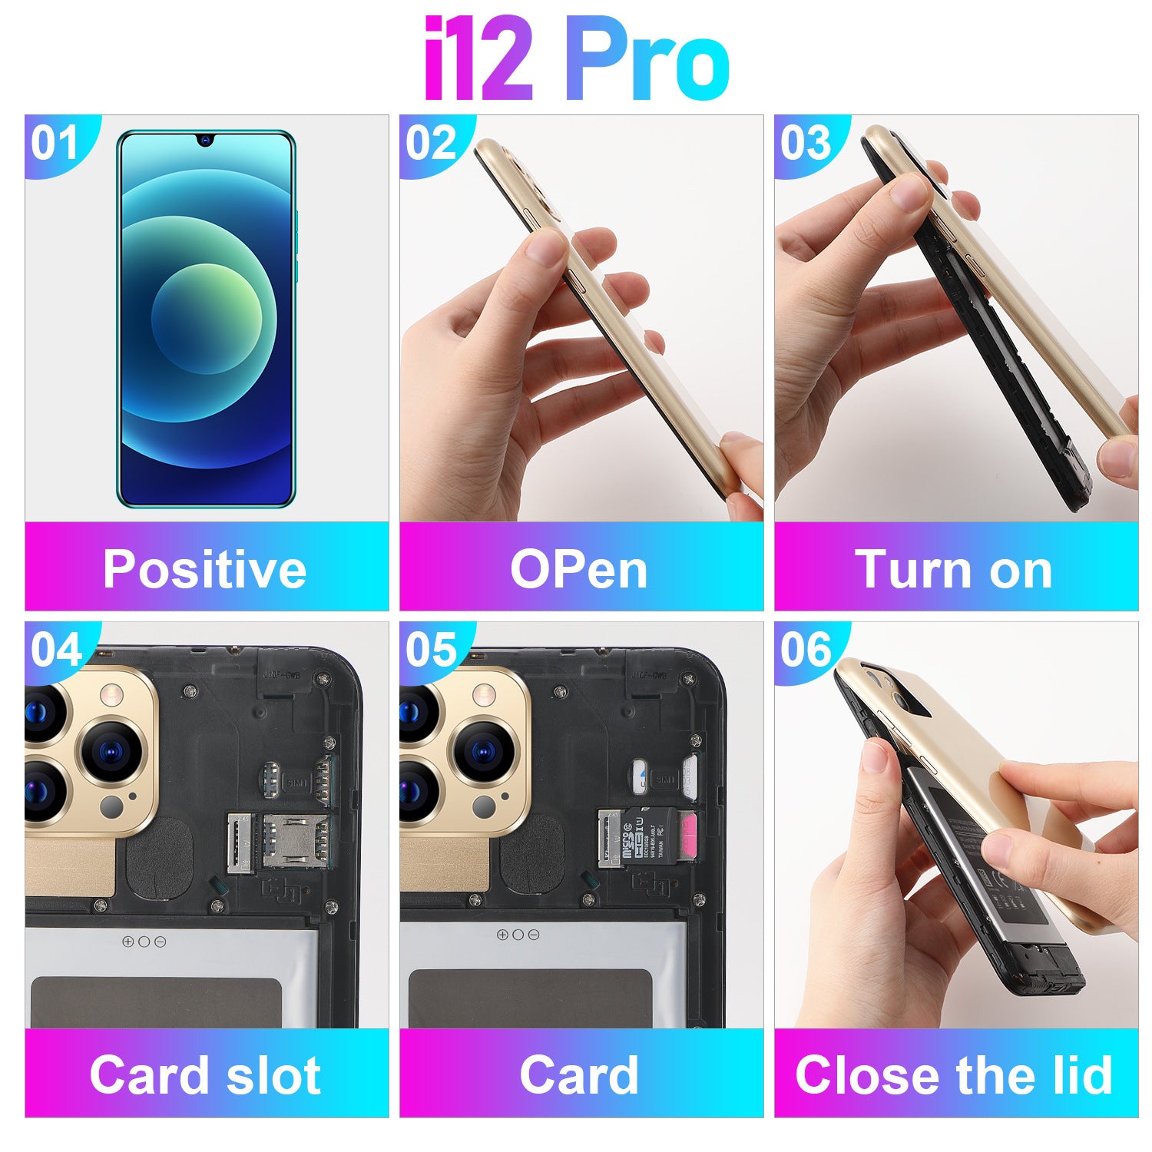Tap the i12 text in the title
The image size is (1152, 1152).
tap(478, 60)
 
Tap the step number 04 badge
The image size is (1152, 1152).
tap(56, 650)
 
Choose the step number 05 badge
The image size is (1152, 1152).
tap(431, 650)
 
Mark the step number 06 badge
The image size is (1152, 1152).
tap(806, 650)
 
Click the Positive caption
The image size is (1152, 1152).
tap(205, 569)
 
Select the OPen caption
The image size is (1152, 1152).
tap(579, 569)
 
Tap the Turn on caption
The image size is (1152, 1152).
tap(954, 569)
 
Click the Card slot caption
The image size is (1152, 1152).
tap(205, 1074)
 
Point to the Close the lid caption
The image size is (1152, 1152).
tap(954, 1074)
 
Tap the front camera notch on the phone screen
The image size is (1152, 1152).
tap(206, 140)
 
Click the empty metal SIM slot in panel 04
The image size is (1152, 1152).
tap(294, 840)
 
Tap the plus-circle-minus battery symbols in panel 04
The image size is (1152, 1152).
tap(144, 942)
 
